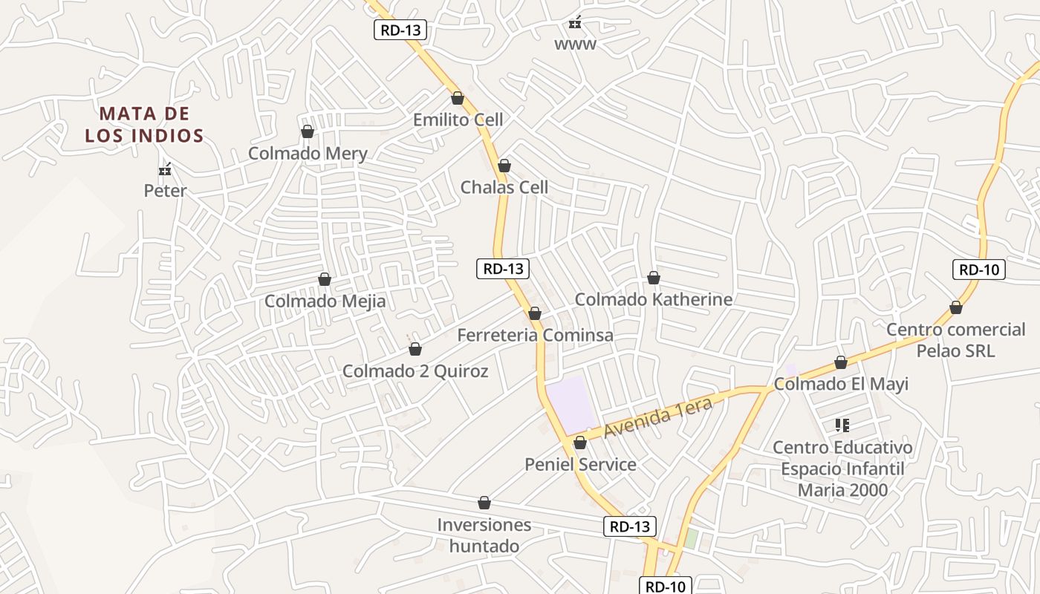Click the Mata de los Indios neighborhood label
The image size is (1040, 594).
tap(144, 125)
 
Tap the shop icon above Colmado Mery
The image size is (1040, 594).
tap(307, 131)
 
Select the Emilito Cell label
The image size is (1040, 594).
tap(458, 120)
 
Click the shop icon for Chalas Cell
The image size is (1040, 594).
tap(504, 166)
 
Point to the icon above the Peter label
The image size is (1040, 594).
tap(166, 170)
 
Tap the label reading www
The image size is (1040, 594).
tap(575, 45)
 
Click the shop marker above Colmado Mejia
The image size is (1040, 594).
tap(325, 279)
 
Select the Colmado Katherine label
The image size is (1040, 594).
tap(654, 299)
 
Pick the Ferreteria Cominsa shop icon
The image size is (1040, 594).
tap(534, 313)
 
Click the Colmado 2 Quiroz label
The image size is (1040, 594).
tap(415, 371)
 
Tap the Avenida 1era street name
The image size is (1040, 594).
tap(657, 417)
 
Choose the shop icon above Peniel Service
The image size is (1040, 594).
tap(580, 443)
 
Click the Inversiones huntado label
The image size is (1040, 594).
tap(484, 535)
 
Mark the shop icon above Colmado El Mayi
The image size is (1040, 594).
tap(841, 362)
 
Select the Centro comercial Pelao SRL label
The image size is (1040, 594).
tap(955, 339)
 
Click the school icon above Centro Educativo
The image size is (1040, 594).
tap(842, 425)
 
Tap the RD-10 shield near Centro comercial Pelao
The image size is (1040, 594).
tap(978, 270)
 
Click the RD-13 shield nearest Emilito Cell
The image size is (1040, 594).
tap(400, 30)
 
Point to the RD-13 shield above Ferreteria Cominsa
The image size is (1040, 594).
tap(503, 269)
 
